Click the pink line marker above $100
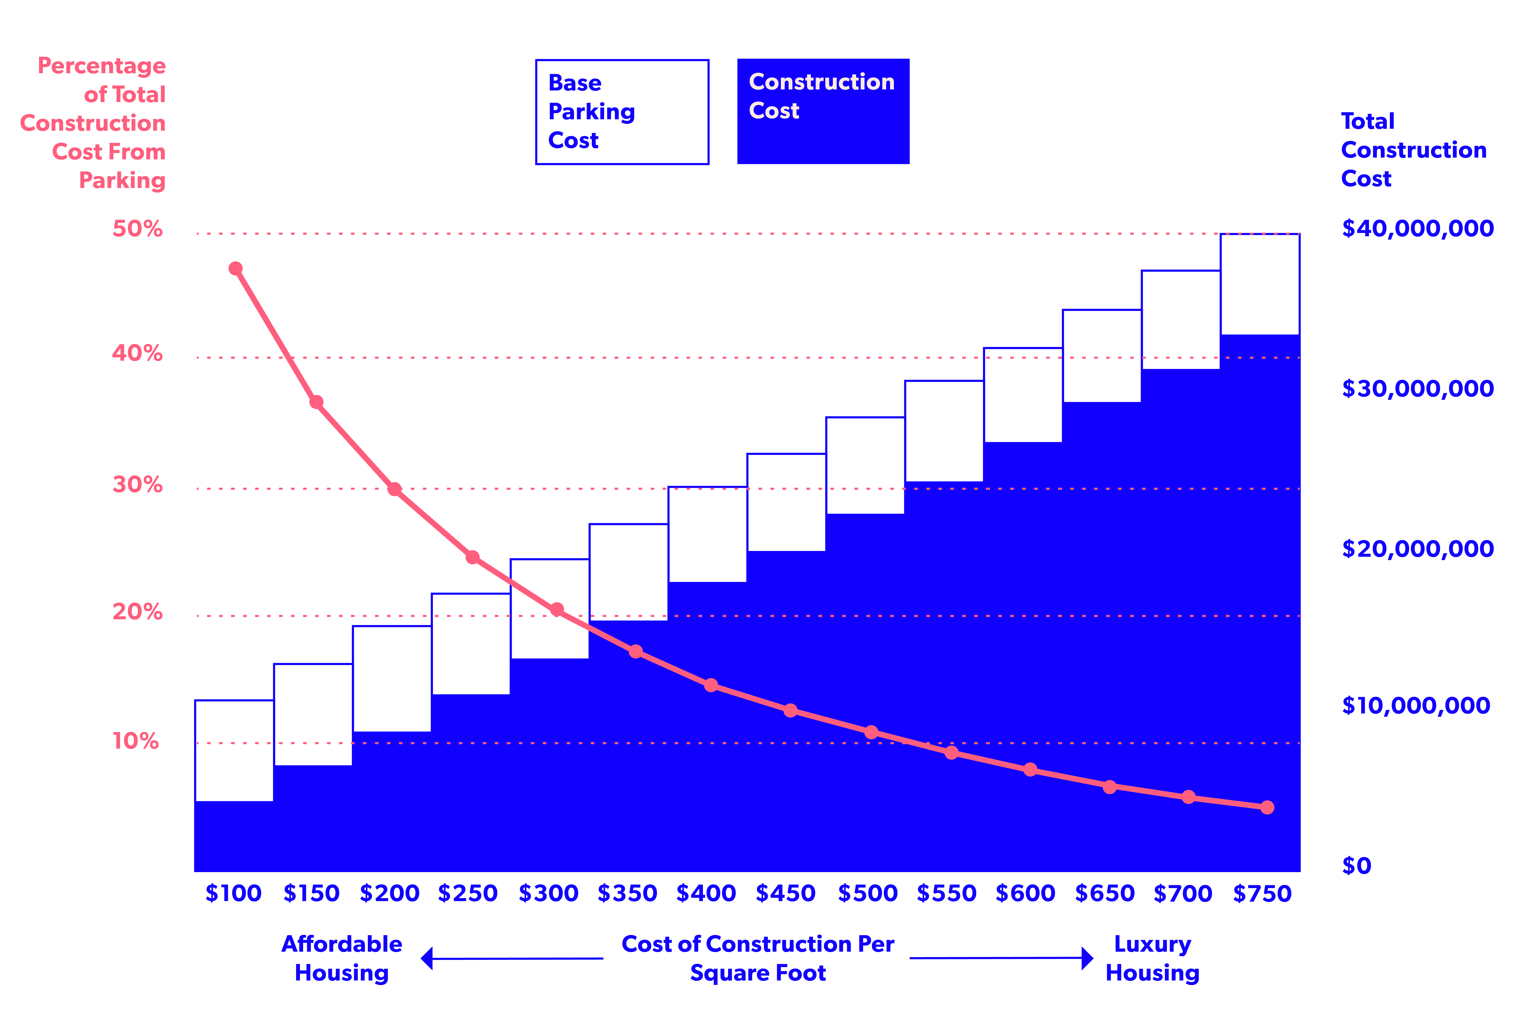tap(236, 269)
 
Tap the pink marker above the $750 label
tap(1267, 807)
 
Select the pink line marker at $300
tap(557, 609)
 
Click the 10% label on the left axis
tap(136, 741)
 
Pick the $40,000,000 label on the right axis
tap(1417, 228)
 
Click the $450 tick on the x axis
tap(785, 893)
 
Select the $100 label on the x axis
tap(234, 893)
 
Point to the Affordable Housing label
tap(342, 958)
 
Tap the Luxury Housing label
tap(1152, 958)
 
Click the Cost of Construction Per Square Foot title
tap(758, 958)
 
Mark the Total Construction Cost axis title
tap(1414, 150)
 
